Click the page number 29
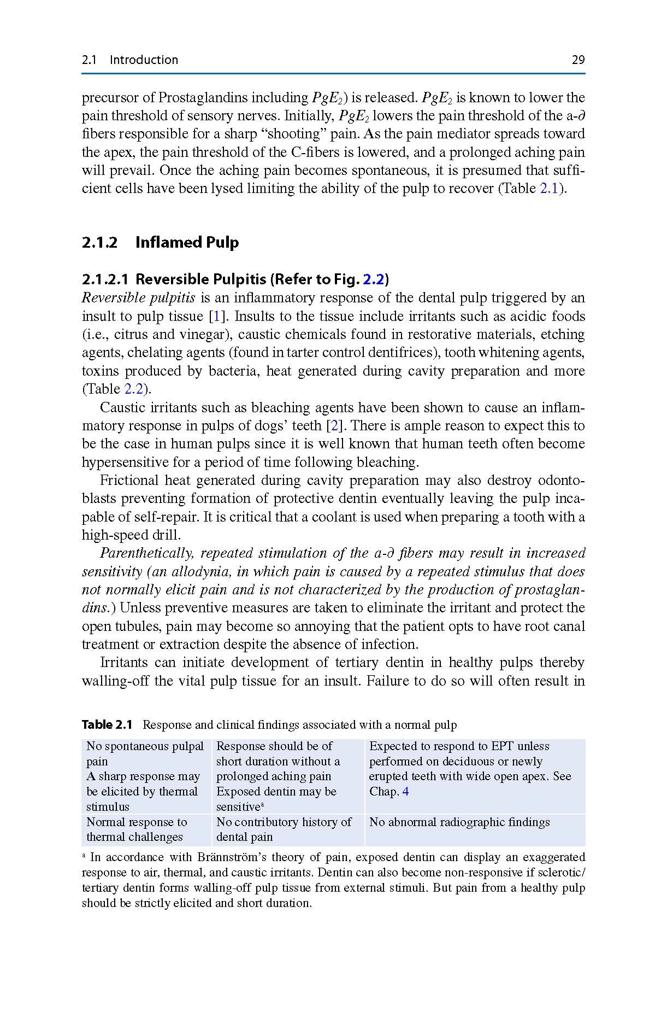pyautogui.click(x=578, y=60)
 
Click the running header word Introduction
pyautogui.click(x=144, y=60)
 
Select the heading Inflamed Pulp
pyautogui.click(x=187, y=242)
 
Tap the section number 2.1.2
pyautogui.click(x=99, y=242)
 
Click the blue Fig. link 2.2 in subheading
pyautogui.click(x=374, y=280)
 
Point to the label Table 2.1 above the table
pyautogui.click(x=107, y=725)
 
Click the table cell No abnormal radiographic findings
pyautogui.click(x=459, y=822)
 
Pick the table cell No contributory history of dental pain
pyautogui.click(x=284, y=829)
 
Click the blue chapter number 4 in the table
pyautogui.click(x=405, y=792)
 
